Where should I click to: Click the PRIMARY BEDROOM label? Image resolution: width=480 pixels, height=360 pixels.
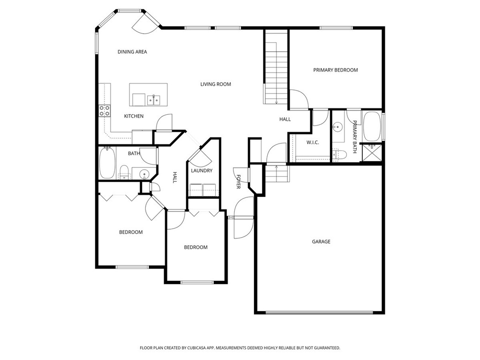pyautogui.click(x=335, y=70)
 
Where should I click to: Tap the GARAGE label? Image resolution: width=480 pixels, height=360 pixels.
pyautogui.click(x=321, y=242)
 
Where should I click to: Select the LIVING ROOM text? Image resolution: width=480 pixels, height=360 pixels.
pyautogui.click(x=216, y=84)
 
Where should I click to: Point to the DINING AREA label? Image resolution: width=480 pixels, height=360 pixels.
pyautogui.click(x=132, y=52)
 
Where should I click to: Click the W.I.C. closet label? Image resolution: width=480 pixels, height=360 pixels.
pyautogui.click(x=313, y=142)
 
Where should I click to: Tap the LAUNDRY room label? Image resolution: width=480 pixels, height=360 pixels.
pyautogui.click(x=202, y=171)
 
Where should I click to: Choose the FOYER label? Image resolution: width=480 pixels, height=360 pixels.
pyautogui.click(x=238, y=181)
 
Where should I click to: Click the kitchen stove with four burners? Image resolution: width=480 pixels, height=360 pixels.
pyautogui.click(x=105, y=111)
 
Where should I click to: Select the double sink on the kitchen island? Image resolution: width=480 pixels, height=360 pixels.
pyautogui.click(x=153, y=100)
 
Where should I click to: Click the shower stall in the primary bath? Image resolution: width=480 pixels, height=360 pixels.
pyautogui.click(x=374, y=153)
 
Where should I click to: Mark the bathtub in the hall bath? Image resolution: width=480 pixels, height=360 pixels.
pyautogui.click(x=106, y=163)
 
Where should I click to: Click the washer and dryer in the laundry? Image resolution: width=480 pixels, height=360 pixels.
pyautogui.click(x=203, y=190)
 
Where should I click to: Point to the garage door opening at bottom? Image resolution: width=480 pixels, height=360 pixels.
pyautogui.click(x=320, y=312)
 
